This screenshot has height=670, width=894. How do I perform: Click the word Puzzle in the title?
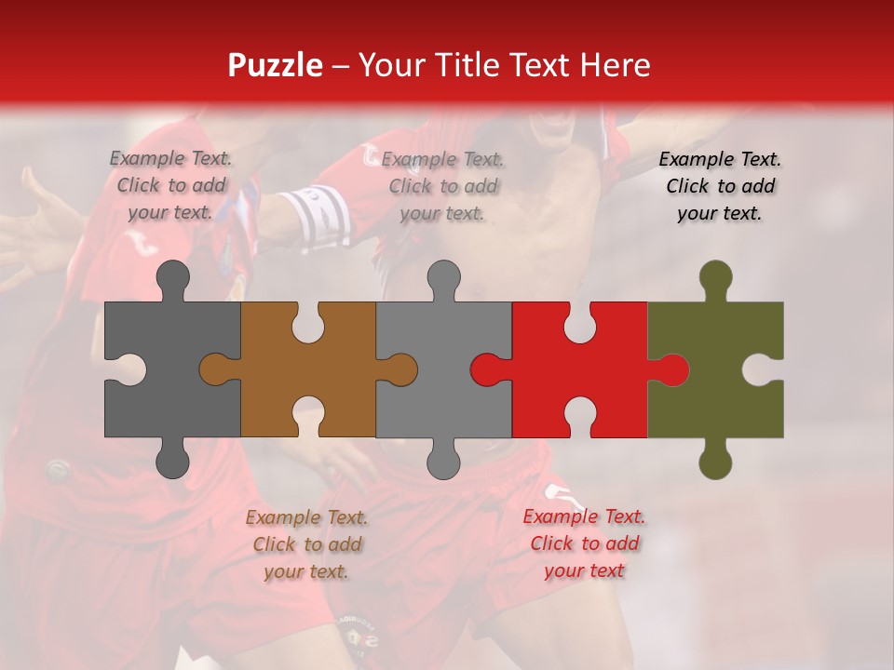276,65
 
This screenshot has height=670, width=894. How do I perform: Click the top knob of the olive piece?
715,279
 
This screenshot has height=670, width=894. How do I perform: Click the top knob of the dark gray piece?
172,279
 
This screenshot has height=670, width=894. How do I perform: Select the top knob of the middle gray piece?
443,279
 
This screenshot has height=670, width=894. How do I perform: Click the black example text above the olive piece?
720,186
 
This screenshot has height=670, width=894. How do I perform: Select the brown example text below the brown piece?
306,544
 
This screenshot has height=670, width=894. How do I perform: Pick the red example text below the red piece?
584,543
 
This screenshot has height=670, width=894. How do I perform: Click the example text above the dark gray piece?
171,185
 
